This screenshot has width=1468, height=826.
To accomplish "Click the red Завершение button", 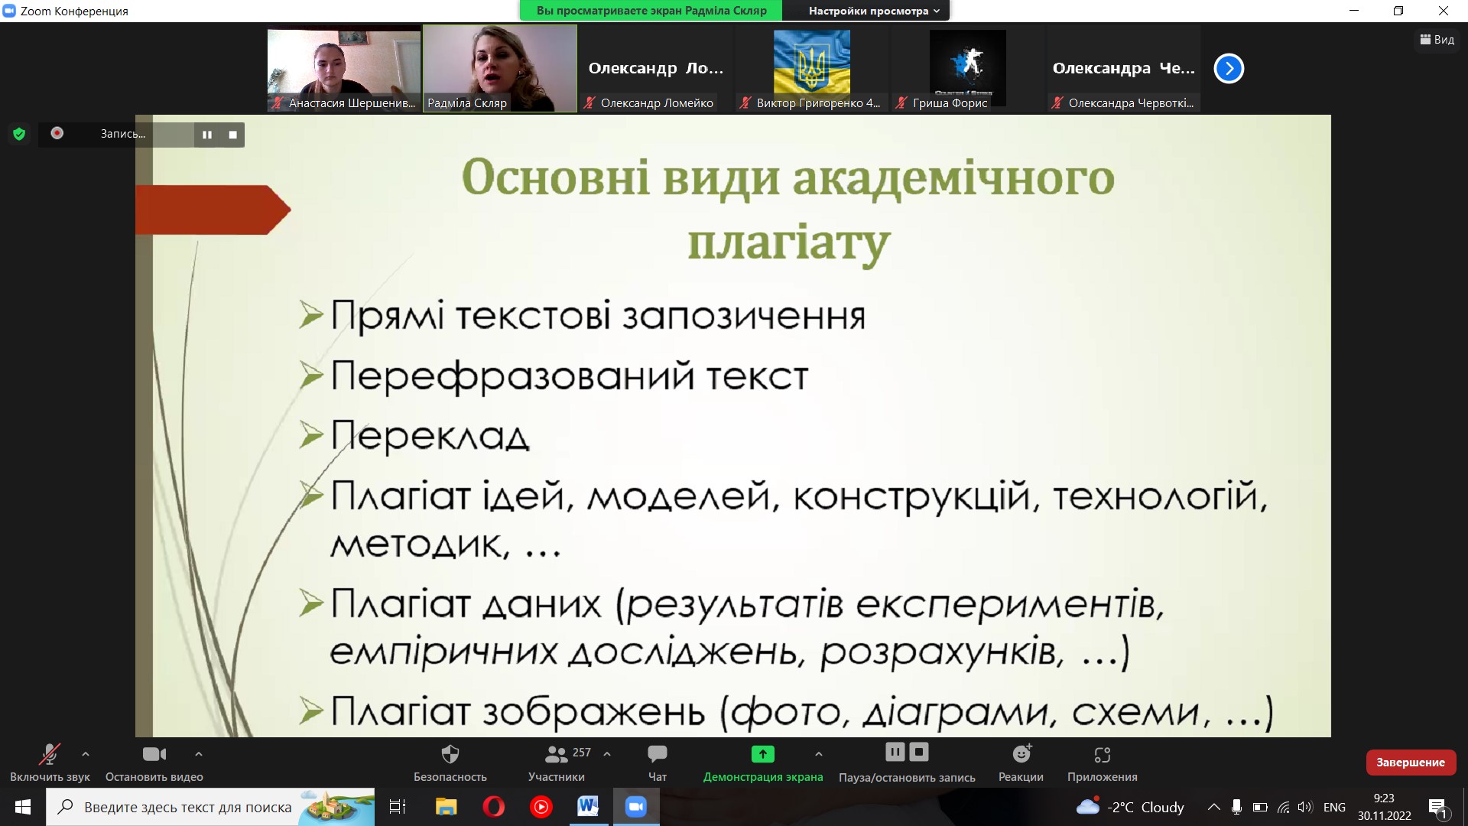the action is [x=1411, y=762].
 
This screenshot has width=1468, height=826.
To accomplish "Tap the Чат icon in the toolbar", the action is [x=657, y=754].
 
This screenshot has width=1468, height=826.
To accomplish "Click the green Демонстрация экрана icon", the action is [x=762, y=754].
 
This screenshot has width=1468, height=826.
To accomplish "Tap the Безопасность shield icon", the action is [x=450, y=754].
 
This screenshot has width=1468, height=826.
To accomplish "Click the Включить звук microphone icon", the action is [x=49, y=754].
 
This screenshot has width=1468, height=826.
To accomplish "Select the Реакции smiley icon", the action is [x=1021, y=754].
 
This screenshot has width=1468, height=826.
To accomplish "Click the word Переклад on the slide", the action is [x=430, y=437].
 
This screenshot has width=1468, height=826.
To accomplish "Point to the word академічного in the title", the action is [x=953, y=177].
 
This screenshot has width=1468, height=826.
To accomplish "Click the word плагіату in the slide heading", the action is [x=789, y=243].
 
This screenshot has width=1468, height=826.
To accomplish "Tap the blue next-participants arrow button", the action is [x=1229, y=69].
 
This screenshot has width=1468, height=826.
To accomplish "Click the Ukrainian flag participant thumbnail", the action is [x=812, y=62].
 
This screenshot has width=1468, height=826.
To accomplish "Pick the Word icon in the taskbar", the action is [x=588, y=807].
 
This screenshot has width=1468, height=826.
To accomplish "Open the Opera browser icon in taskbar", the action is [x=494, y=807].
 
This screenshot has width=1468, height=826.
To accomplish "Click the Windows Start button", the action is [x=23, y=807].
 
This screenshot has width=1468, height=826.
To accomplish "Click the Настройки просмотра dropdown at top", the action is [x=874, y=11].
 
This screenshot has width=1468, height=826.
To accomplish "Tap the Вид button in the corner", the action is [x=1437, y=40].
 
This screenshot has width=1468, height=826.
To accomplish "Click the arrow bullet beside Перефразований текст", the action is [x=311, y=375].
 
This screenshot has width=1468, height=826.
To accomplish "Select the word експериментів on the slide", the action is [x=1009, y=605].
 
